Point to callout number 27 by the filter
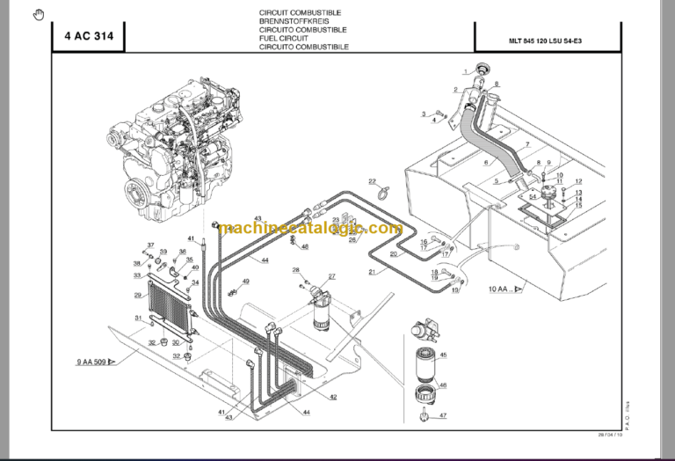[332, 277]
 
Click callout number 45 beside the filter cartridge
[443, 355]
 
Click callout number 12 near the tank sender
[577, 181]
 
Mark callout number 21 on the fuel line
[372, 272]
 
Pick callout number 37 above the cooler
[150, 245]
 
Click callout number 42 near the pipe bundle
[333, 397]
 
